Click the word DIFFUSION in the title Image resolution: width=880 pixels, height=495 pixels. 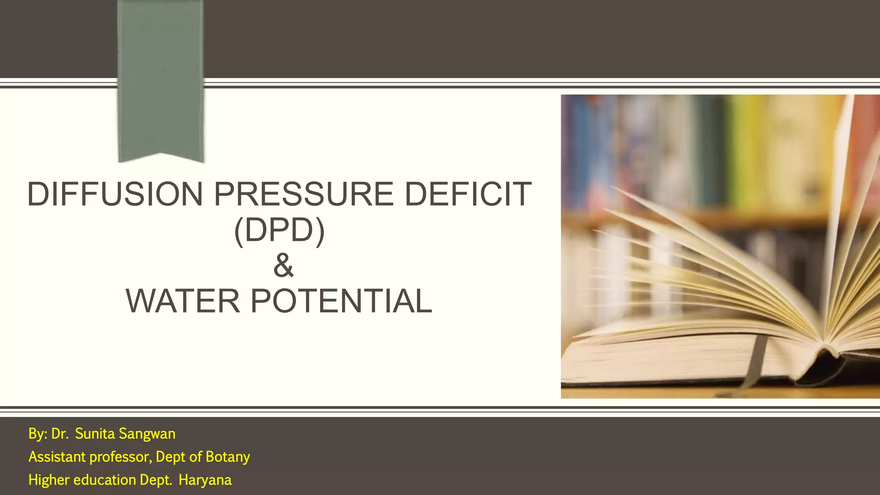(115, 194)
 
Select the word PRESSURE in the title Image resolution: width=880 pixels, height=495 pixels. (303, 194)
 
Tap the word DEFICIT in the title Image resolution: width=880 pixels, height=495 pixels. (468, 194)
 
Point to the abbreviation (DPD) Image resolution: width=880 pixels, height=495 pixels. (279, 231)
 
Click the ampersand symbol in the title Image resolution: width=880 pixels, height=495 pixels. (283, 266)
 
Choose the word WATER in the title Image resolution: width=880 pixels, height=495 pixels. (183, 301)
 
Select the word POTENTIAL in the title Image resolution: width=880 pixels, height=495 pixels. (341, 301)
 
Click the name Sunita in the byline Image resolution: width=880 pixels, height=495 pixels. (95, 434)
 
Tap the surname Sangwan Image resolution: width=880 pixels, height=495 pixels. (147, 434)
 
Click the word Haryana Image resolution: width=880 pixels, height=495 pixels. (205, 480)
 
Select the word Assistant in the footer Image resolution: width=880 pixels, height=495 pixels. (57, 457)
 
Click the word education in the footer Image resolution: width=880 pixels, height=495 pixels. (105, 480)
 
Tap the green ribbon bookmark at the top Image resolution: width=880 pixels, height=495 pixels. (160, 77)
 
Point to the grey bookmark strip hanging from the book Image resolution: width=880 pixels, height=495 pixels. (753, 361)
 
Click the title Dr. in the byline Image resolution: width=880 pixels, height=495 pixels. (60, 434)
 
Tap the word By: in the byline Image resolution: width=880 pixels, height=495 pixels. (38, 434)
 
